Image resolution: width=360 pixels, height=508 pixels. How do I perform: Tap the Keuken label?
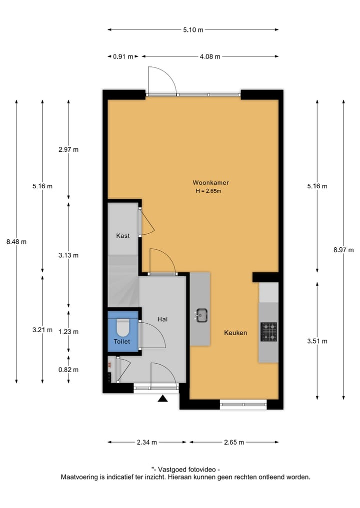pos(235,333)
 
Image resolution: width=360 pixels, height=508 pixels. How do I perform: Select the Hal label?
pos(162,319)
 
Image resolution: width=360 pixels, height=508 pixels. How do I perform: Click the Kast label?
pos(123,236)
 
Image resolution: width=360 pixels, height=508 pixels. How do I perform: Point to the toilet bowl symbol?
pos(122,328)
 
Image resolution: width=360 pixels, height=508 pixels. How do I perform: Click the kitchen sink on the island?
pos(201,315)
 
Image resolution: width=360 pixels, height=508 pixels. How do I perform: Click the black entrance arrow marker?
pos(162,398)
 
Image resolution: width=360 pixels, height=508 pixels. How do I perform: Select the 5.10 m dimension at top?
pos(193,30)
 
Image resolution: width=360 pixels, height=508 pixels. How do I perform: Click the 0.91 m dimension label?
pos(123,56)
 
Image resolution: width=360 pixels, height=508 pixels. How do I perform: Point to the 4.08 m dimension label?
pos(209,56)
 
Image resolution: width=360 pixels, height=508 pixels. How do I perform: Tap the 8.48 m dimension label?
pos(16,242)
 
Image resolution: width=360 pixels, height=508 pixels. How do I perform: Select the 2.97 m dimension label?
pos(69,149)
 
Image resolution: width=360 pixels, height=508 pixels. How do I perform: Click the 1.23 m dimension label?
pos(69,331)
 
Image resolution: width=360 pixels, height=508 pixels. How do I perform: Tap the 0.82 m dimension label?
pos(69,370)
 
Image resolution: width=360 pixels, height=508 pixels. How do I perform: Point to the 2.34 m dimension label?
pos(147,442)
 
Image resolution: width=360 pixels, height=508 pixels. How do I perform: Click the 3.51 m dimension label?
pos(317,341)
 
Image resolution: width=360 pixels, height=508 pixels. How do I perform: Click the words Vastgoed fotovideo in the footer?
pos(188,469)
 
